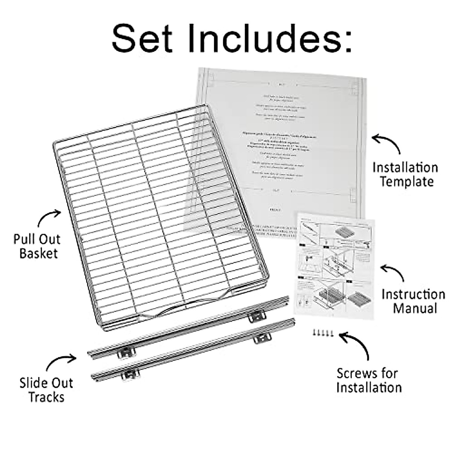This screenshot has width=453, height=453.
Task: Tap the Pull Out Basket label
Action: [x=37, y=246]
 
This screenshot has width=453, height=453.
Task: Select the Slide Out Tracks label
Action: [x=46, y=390]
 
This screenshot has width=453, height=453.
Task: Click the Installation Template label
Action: [x=405, y=174]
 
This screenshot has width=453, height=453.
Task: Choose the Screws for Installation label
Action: [x=368, y=381]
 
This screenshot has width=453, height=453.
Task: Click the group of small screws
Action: [x=323, y=333]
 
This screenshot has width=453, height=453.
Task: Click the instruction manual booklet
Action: [x=334, y=264]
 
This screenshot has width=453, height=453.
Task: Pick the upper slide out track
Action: [x=189, y=327]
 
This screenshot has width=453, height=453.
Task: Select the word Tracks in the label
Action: [x=46, y=397]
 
